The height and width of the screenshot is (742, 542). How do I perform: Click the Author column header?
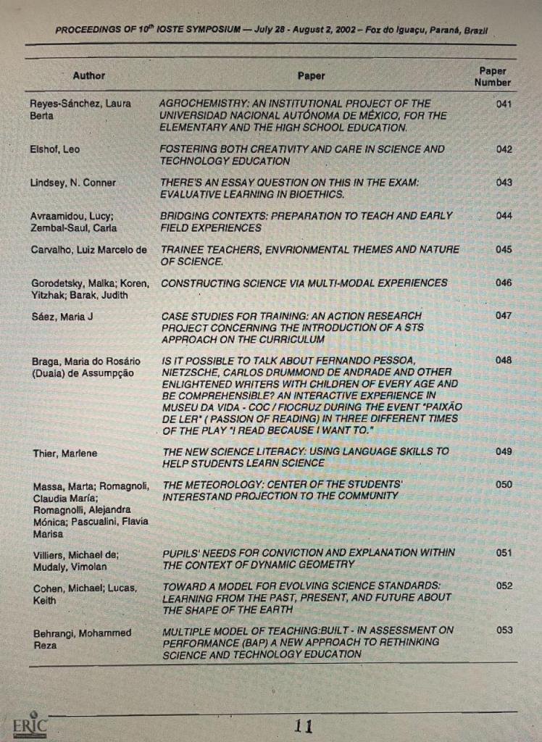coord(88,75)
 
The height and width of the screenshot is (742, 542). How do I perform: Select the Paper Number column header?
coord(493,77)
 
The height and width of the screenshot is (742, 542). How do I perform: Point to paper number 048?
coord(504,360)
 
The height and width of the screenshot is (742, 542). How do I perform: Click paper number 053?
coord(504,630)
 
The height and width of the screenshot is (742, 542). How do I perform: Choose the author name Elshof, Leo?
coord(55,149)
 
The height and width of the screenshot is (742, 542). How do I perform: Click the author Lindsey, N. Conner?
coord(73,183)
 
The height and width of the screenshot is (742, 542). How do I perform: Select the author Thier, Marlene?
coord(64,454)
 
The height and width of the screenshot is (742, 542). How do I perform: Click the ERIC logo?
coord(30,725)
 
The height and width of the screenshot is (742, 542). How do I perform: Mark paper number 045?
coord(504,249)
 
